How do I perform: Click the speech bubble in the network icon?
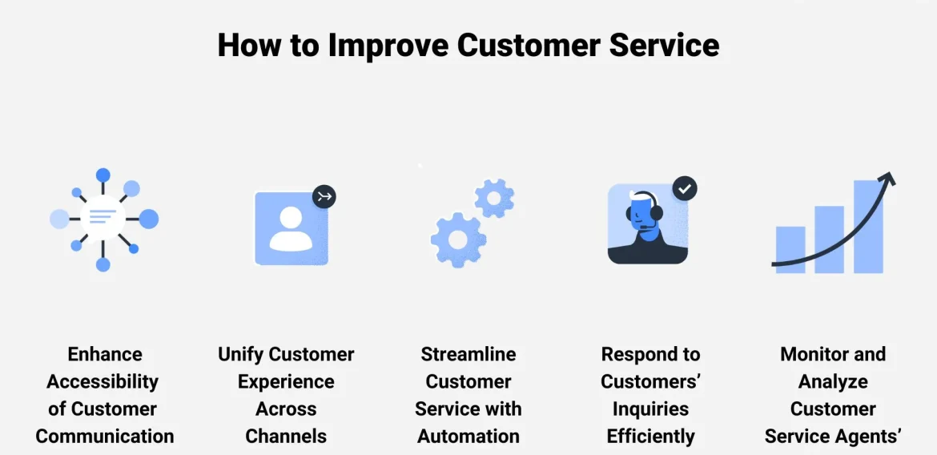pyautogui.click(x=103, y=217)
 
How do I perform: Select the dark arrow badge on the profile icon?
pyautogui.click(x=324, y=196)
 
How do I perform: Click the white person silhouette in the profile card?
pyautogui.click(x=291, y=229)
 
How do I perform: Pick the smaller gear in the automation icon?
pyautogui.click(x=494, y=198)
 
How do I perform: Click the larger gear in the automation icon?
pyautogui.click(x=458, y=240)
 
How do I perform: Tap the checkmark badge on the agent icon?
pyautogui.click(x=684, y=189)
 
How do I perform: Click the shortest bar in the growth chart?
pyautogui.click(x=790, y=249)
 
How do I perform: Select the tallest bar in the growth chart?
pyautogui.click(x=868, y=226)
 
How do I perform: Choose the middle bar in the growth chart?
pyautogui.click(x=829, y=239)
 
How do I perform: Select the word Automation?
pyautogui.click(x=468, y=437)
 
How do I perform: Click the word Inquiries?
pyautogui.click(x=650, y=409)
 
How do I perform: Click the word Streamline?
pyautogui.click(x=468, y=354)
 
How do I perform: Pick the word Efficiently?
pyautogui.click(x=650, y=437)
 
